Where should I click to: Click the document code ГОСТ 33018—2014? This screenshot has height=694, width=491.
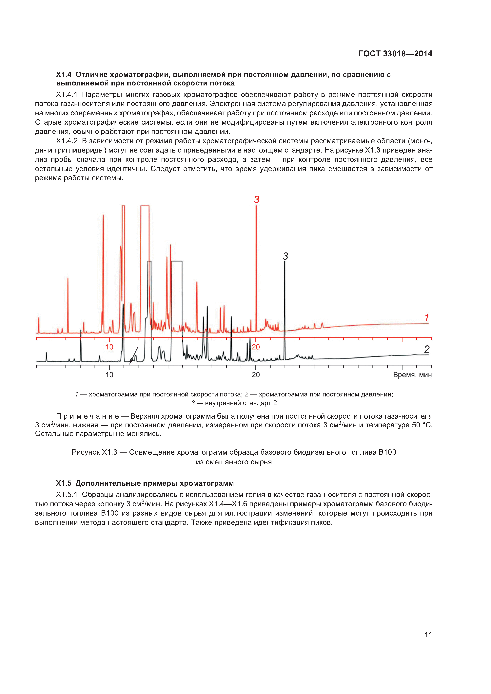click(x=395, y=54)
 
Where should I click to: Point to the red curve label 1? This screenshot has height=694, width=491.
click(x=427, y=318)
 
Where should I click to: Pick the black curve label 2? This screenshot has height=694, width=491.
click(x=427, y=349)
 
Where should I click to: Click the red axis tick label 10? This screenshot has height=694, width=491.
click(x=109, y=347)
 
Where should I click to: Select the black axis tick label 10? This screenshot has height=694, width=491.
click(x=109, y=375)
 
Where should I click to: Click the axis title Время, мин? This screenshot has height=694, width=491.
click(x=412, y=375)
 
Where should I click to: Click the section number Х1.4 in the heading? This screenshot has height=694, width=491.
click(x=64, y=75)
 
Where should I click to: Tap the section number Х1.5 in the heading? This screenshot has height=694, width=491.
click(x=64, y=483)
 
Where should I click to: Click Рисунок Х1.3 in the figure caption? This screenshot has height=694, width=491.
click(x=94, y=452)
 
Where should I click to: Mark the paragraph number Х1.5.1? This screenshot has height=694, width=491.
click(x=67, y=495)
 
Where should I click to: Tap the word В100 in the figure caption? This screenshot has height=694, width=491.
click(x=387, y=452)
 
